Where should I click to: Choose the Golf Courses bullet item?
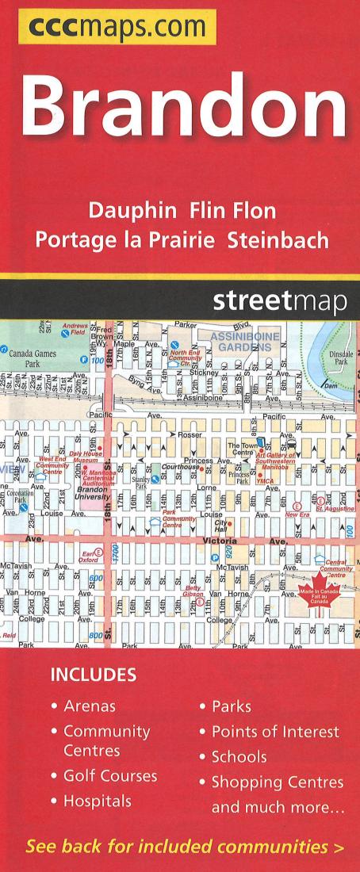(110, 775)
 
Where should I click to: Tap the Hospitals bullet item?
(97, 801)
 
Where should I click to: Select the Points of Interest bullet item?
(275, 731)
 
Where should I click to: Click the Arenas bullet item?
(90, 706)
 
